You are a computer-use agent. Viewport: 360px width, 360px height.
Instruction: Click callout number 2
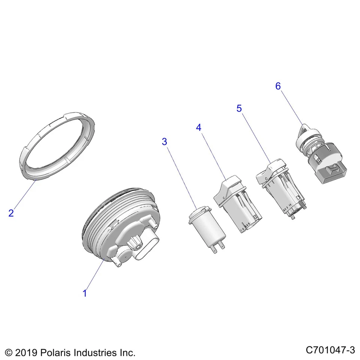pos(11,213)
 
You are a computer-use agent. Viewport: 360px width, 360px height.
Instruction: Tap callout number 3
pos(164,142)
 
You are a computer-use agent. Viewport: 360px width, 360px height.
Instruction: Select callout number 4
pos(198,127)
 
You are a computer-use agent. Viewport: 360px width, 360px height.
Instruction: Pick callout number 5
pos(239,108)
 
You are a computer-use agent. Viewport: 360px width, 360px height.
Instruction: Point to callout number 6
pos(278,86)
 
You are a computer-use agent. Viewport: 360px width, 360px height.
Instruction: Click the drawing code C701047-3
pos(330,350)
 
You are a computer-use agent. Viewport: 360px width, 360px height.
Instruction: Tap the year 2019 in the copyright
pos(25,353)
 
